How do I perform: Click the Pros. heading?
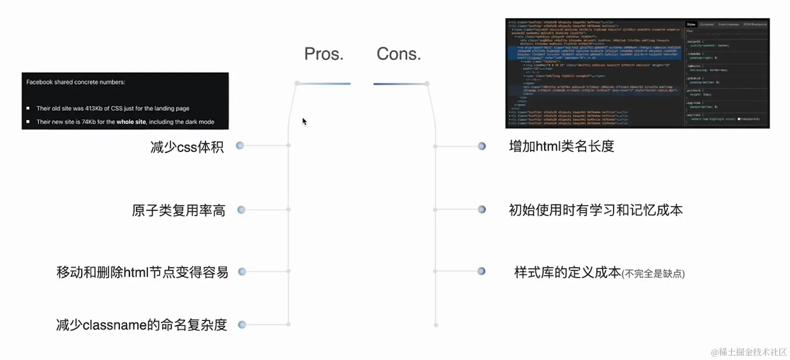tap(323, 54)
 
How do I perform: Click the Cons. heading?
tap(399, 54)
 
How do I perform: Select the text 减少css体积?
tap(187, 147)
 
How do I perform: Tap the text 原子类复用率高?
tap(178, 210)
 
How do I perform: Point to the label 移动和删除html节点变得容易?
tap(142, 272)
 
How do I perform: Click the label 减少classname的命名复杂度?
tap(141, 325)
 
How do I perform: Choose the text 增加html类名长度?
tap(561, 146)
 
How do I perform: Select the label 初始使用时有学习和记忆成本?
tap(595, 210)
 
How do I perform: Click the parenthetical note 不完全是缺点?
tap(653, 274)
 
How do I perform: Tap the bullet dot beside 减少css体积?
tap(240, 146)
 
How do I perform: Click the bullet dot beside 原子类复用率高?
tap(241, 210)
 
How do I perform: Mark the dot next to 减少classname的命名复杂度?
tap(242, 325)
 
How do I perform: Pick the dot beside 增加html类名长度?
tap(482, 146)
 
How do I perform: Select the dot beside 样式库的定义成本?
tap(481, 271)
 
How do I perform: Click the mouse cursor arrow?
tap(304, 121)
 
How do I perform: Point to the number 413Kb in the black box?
tap(94, 108)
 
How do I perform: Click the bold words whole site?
tap(131, 122)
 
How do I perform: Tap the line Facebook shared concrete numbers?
tap(76, 82)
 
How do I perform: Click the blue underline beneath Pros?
tap(325, 84)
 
